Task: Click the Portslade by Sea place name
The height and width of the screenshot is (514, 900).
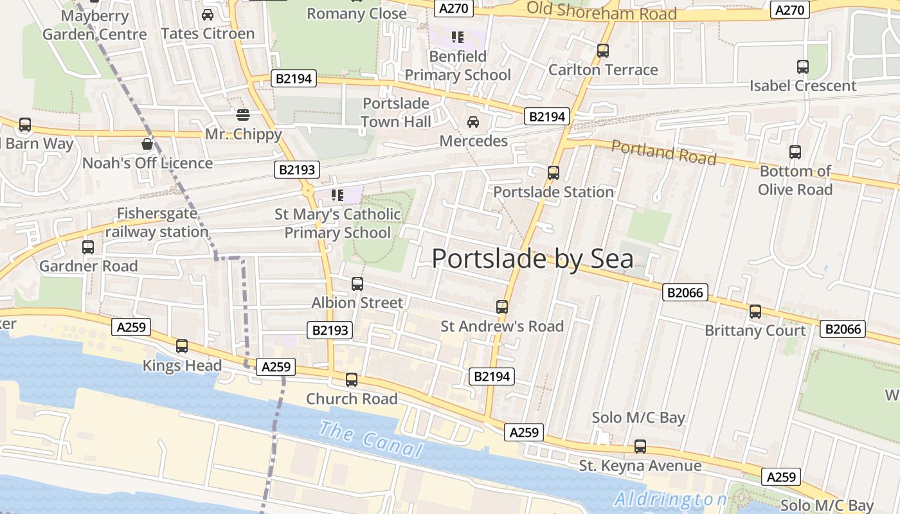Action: pyautogui.click(x=532, y=258)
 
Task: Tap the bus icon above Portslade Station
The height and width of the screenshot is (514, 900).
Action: pyautogui.click(x=553, y=172)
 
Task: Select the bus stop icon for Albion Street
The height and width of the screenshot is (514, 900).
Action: pyautogui.click(x=357, y=283)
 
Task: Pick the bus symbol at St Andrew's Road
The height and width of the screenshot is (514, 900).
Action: pyautogui.click(x=502, y=307)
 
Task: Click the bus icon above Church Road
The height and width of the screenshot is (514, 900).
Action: pyautogui.click(x=351, y=379)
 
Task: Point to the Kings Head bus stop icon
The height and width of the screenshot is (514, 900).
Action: pyautogui.click(x=182, y=346)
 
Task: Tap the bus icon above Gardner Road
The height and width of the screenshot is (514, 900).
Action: pyautogui.click(x=88, y=247)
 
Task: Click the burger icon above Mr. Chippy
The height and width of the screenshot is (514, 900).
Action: pyautogui.click(x=243, y=115)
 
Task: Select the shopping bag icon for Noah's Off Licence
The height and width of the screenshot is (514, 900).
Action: pyautogui.click(x=147, y=144)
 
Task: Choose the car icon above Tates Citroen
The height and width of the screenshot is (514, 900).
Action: pyautogui.click(x=208, y=14)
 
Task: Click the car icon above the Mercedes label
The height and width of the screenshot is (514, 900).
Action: pyautogui.click(x=473, y=121)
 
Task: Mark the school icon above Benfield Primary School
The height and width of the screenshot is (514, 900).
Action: pyautogui.click(x=457, y=37)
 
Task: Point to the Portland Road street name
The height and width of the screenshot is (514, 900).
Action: pyautogui.click(x=663, y=152)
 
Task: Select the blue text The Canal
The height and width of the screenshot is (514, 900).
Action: pyautogui.click(x=370, y=439)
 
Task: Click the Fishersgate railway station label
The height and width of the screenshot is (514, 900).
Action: pyautogui.click(x=157, y=222)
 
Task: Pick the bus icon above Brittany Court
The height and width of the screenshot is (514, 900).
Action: pyautogui.click(x=755, y=312)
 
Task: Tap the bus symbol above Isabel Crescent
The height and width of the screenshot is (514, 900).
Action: pyautogui.click(x=802, y=66)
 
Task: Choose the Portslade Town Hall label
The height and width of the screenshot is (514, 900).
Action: pyautogui.click(x=395, y=112)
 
